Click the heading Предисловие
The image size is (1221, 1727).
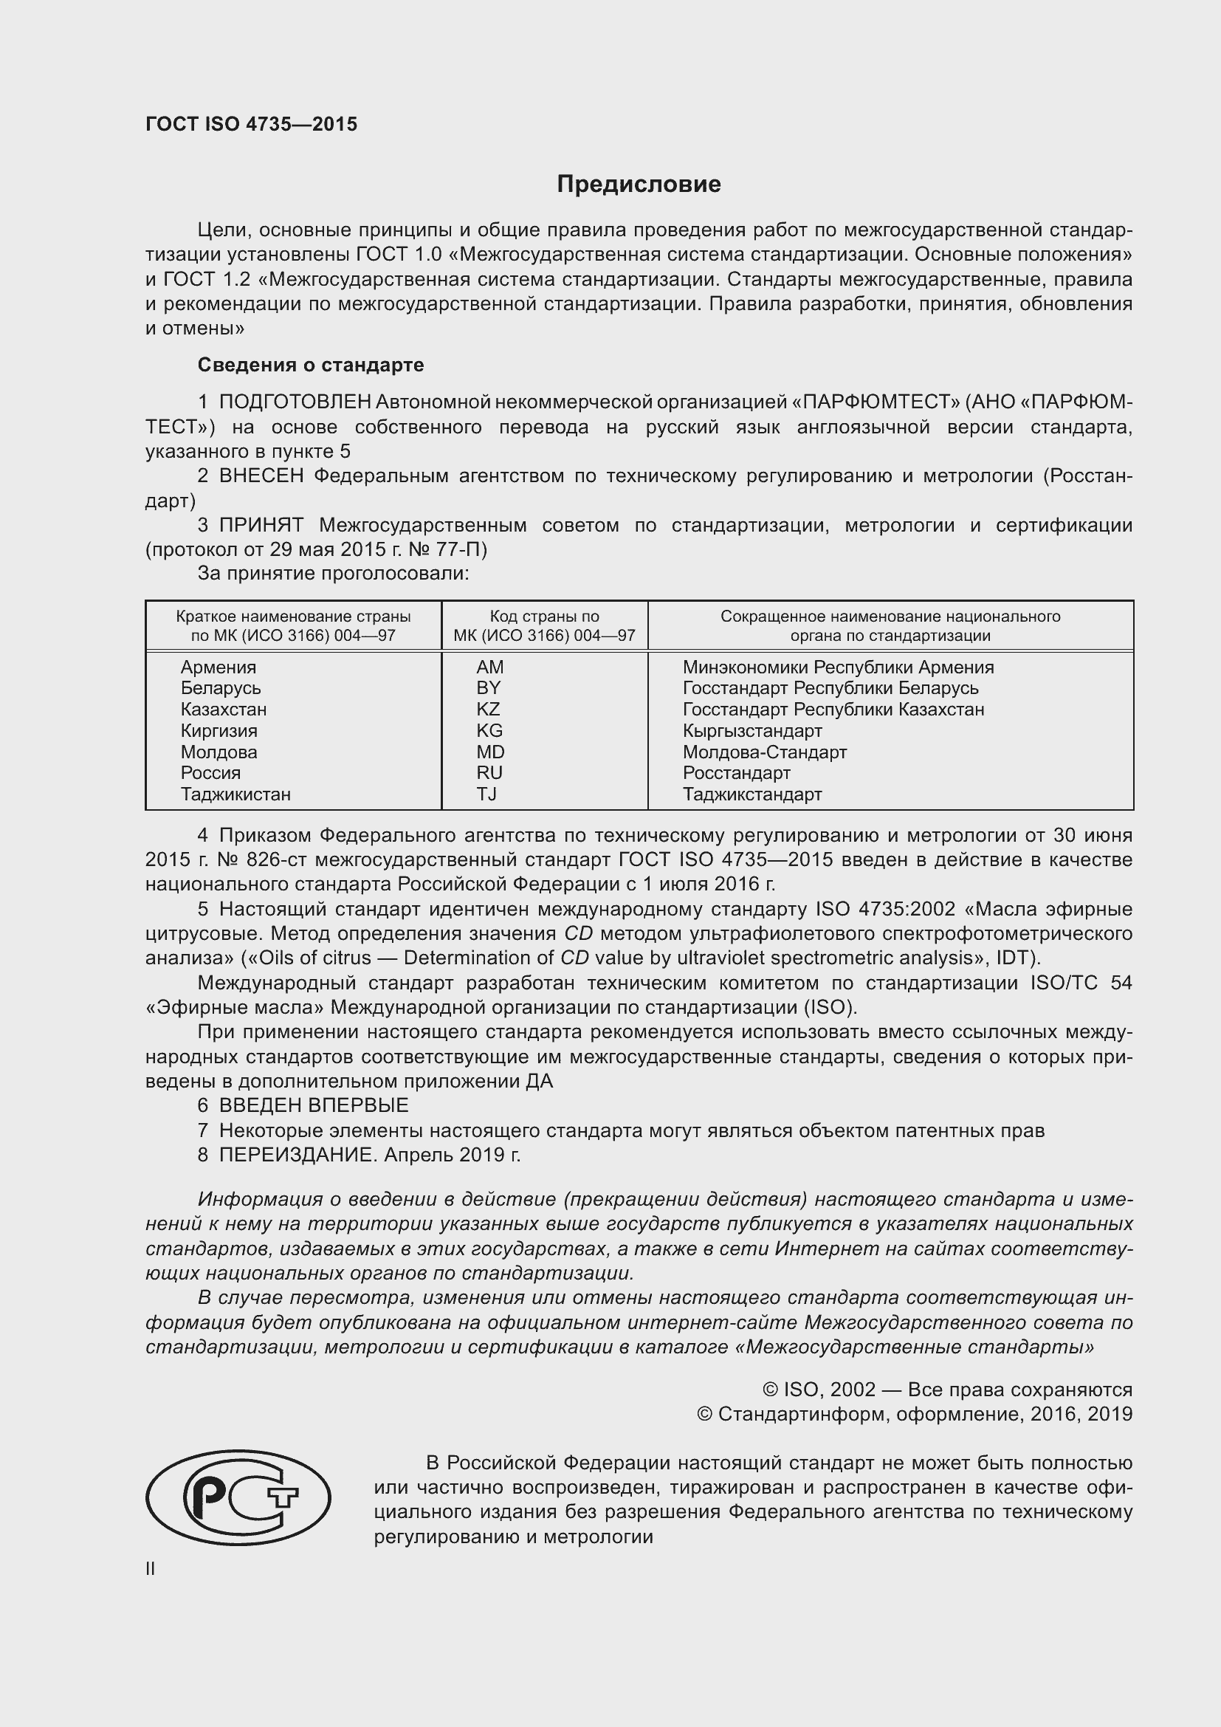[x=639, y=185]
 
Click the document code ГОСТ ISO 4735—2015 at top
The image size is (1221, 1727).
[x=251, y=124]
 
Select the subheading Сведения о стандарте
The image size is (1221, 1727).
[x=311, y=365]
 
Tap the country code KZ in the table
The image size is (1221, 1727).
[x=488, y=710]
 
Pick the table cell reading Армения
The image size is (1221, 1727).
[x=218, y=667]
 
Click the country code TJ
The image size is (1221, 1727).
[x=486, y=794]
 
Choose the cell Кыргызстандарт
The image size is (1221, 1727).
[x=751, y=730]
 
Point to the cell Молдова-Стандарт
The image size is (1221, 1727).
[x=765, y=752]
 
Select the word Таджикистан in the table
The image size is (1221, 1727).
[x=235, y=794]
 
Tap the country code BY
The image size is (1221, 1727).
[x=488, y=688]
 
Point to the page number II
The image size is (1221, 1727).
[x=151, y=1568]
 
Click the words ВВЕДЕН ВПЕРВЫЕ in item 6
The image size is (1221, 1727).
[x=314, y=1105]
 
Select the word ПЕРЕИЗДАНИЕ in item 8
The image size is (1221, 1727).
[x=296, y=1155]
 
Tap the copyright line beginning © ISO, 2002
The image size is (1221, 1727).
[x=946, y=1390]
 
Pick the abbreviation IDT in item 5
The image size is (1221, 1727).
[x=1015, y=958]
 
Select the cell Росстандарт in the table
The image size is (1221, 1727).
[x=736, y=773]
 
